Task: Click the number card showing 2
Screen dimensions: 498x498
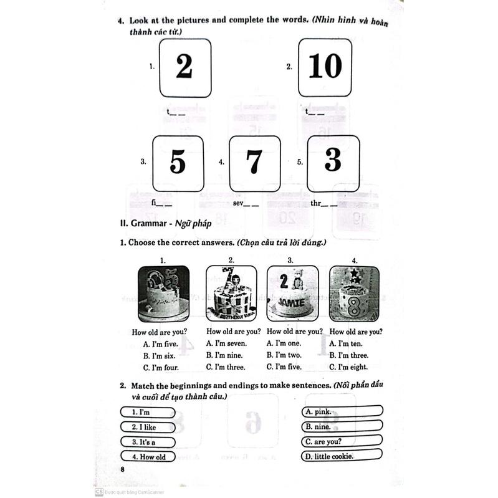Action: click(185, 67)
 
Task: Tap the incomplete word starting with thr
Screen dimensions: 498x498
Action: click(323, 203)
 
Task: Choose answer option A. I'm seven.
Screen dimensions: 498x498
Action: click(226, 343)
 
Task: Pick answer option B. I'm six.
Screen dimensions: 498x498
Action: click(159, 355)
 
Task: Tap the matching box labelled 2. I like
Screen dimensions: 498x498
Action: click(147, 427)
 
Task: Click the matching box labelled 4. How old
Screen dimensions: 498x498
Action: click(147, 456)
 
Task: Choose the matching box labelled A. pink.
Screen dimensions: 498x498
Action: click(342, 411)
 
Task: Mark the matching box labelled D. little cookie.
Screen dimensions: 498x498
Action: click(342, 456)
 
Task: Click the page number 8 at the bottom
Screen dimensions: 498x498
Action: click(123, 469)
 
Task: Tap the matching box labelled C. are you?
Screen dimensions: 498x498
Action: click(342, 441)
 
